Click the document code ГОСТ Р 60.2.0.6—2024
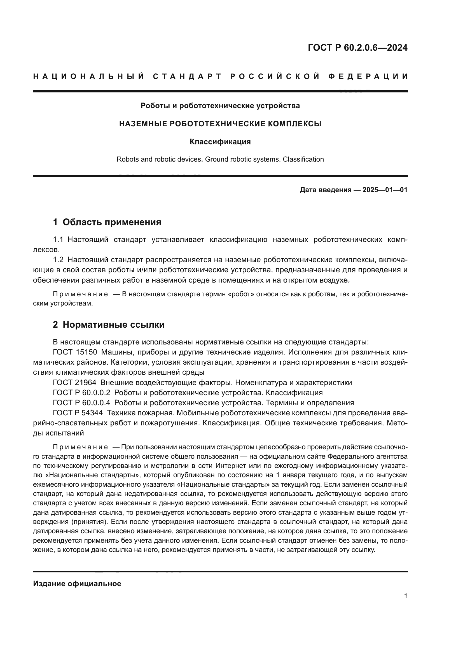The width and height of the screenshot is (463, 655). [357, 48]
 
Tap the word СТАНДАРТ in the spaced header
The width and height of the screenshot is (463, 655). [187, 76]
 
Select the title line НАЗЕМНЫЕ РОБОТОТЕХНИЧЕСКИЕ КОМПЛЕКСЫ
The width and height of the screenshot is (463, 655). [220, 124]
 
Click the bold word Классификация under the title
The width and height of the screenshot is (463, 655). [220, 142]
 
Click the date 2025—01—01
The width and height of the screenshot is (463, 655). [385, 190]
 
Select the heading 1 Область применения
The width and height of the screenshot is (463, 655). [107, 222]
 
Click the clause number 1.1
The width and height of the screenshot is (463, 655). [58, 239]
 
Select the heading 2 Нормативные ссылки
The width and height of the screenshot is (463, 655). [109, 325]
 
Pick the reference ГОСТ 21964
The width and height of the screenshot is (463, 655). [75, 383]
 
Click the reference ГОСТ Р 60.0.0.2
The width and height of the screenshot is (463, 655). [81, 393]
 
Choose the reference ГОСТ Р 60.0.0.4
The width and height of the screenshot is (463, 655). [81, 403]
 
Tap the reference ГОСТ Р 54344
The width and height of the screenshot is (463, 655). [78, 413]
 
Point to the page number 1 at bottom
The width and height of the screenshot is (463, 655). [406, 596]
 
